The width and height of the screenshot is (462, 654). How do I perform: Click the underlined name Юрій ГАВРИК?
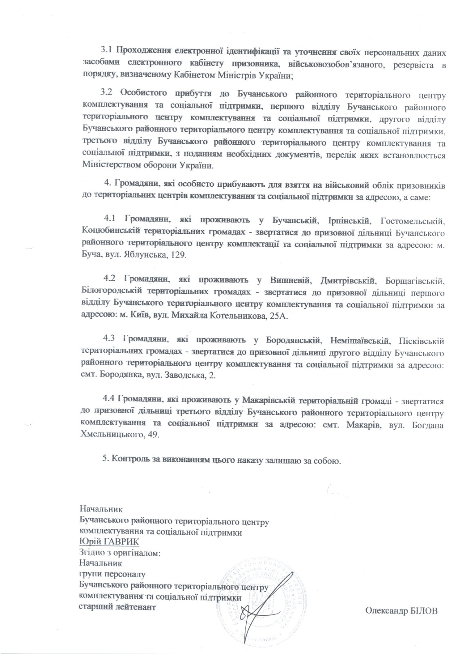tap(109, 542)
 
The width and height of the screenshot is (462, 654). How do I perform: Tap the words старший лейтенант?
tap(117, 607)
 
